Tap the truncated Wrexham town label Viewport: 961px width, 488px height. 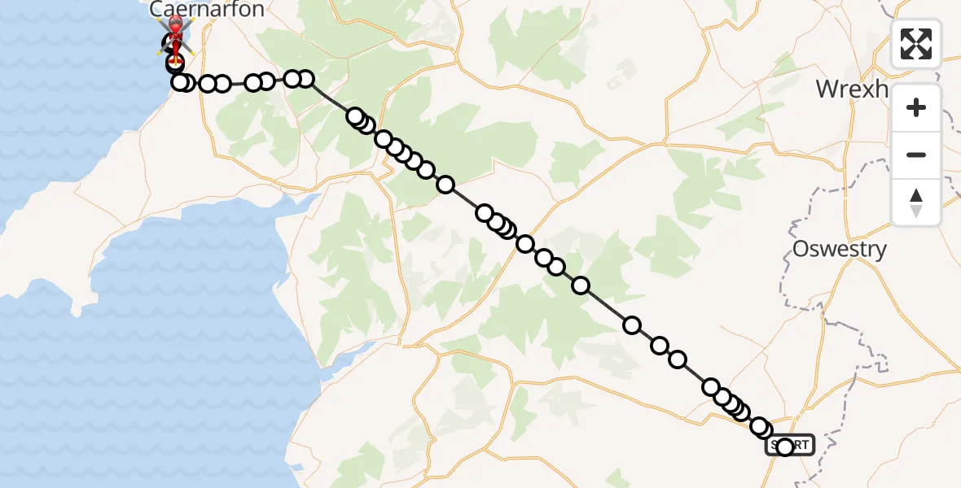(x=851, y=89)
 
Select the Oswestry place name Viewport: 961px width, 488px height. (x=840, y=249)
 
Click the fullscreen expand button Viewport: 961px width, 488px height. (x=916, y=44)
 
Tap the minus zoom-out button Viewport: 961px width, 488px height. (x=916, y=155)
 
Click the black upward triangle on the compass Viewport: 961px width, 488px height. (x=916, y=195)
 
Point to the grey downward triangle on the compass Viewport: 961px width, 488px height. (x=916, y=211)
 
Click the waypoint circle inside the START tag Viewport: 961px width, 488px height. (x=785, y=447)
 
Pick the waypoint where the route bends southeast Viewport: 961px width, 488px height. (x=305, y=79)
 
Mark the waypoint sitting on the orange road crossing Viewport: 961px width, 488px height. (x=525, y=244)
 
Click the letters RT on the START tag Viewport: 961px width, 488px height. (x=801, y=445)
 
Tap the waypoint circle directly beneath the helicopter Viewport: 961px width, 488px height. (x=175, y=63)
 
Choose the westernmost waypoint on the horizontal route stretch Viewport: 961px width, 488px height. (x=180, y=82)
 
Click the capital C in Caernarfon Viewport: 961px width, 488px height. (x=157, y=10)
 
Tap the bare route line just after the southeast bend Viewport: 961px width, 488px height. (x=330, y=98)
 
